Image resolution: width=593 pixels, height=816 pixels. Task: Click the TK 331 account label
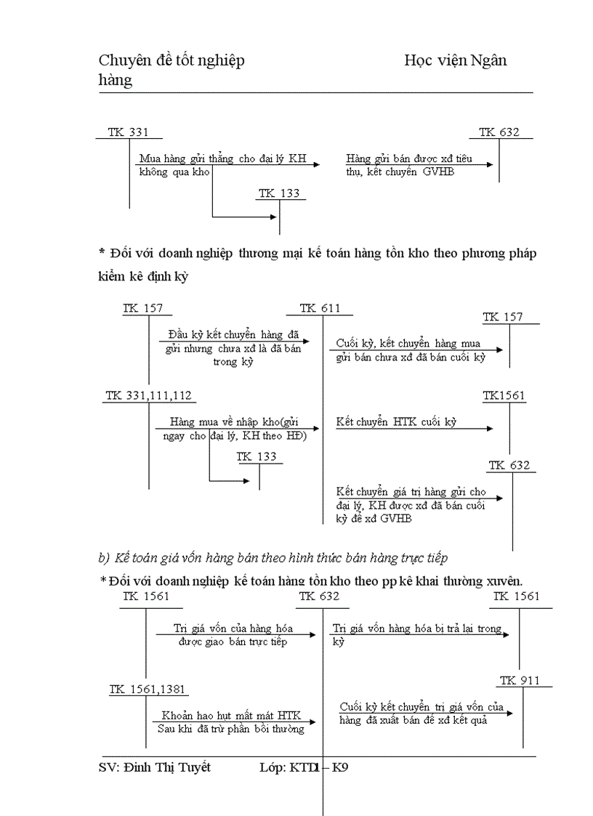tap(128, 132)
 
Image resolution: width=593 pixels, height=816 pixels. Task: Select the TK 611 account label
tap(320, 309)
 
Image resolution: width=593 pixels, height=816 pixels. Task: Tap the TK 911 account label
tap(519, 681)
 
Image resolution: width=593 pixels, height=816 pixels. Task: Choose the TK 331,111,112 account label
tap(149, 395)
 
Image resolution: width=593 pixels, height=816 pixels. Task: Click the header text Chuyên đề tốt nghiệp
tap(172, 60)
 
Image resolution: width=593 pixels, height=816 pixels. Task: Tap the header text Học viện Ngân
tap(456, 60)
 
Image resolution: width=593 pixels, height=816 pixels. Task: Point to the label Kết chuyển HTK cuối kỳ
tap(396, 421)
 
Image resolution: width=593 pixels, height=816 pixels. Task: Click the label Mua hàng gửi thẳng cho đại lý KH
tap(222, 158)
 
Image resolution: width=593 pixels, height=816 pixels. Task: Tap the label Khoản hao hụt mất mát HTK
tap(231, 715)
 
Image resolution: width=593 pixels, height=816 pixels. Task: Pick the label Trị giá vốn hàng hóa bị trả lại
tap(417, 629)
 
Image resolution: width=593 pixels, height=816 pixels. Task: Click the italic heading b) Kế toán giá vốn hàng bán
tap(273, 558)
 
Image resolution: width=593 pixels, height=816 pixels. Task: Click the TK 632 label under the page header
tap(499, 132)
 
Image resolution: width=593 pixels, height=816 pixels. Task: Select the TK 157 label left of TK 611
tap(142, 309)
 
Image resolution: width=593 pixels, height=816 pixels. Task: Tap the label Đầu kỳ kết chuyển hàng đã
tap(233, 334)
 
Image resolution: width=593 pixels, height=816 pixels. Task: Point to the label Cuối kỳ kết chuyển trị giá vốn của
tap(421, 706)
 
